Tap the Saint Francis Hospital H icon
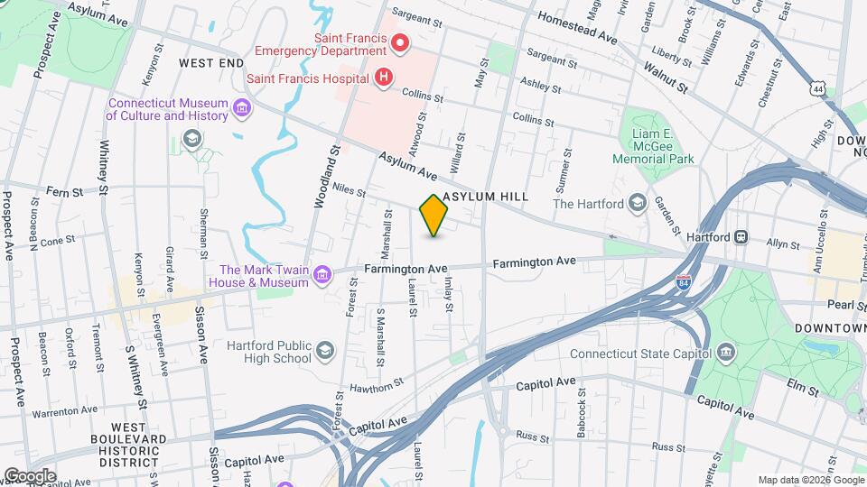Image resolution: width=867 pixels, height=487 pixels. click(384, 78)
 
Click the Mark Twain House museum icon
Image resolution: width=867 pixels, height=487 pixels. click(322, 275)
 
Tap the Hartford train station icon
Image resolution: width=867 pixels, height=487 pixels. click(741, 237)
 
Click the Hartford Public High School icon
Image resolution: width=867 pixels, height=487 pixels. click(323, 349)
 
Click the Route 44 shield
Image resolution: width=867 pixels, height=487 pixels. click(817, 88)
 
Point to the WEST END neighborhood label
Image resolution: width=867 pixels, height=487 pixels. click(211, 63)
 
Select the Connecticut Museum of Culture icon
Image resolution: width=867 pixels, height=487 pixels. click(241, 109)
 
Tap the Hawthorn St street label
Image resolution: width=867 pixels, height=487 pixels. click(383, 386)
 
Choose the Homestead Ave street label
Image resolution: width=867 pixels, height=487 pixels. click(576, 27)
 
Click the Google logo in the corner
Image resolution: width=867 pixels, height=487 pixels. click(30, 475)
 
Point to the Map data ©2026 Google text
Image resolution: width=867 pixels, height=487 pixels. click(810, 480)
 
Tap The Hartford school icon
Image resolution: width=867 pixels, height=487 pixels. click(639, 203)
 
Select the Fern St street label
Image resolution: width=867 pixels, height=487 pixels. click(65, 191)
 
